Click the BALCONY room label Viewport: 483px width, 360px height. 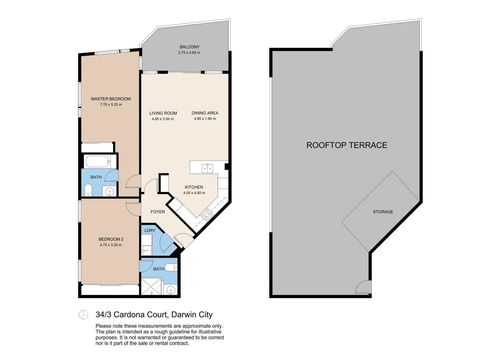189,47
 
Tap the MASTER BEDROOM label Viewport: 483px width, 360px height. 111,99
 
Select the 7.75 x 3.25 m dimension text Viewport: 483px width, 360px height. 111,105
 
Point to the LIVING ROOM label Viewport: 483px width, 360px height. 163,113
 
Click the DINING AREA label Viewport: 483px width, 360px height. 205,113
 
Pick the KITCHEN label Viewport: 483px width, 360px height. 194,187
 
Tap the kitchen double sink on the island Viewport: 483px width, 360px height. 207,169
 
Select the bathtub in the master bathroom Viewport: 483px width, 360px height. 97,162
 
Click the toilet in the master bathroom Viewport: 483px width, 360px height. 88,190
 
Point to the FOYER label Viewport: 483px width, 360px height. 158,212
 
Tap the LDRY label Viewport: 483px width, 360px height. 150,231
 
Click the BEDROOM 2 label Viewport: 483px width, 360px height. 111,239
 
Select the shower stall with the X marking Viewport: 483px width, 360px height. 151,286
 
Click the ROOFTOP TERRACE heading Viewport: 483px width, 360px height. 347,145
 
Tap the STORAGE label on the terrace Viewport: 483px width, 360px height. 383,212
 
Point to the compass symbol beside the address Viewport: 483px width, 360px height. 83,315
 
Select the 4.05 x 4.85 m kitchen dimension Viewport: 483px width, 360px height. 194,193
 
